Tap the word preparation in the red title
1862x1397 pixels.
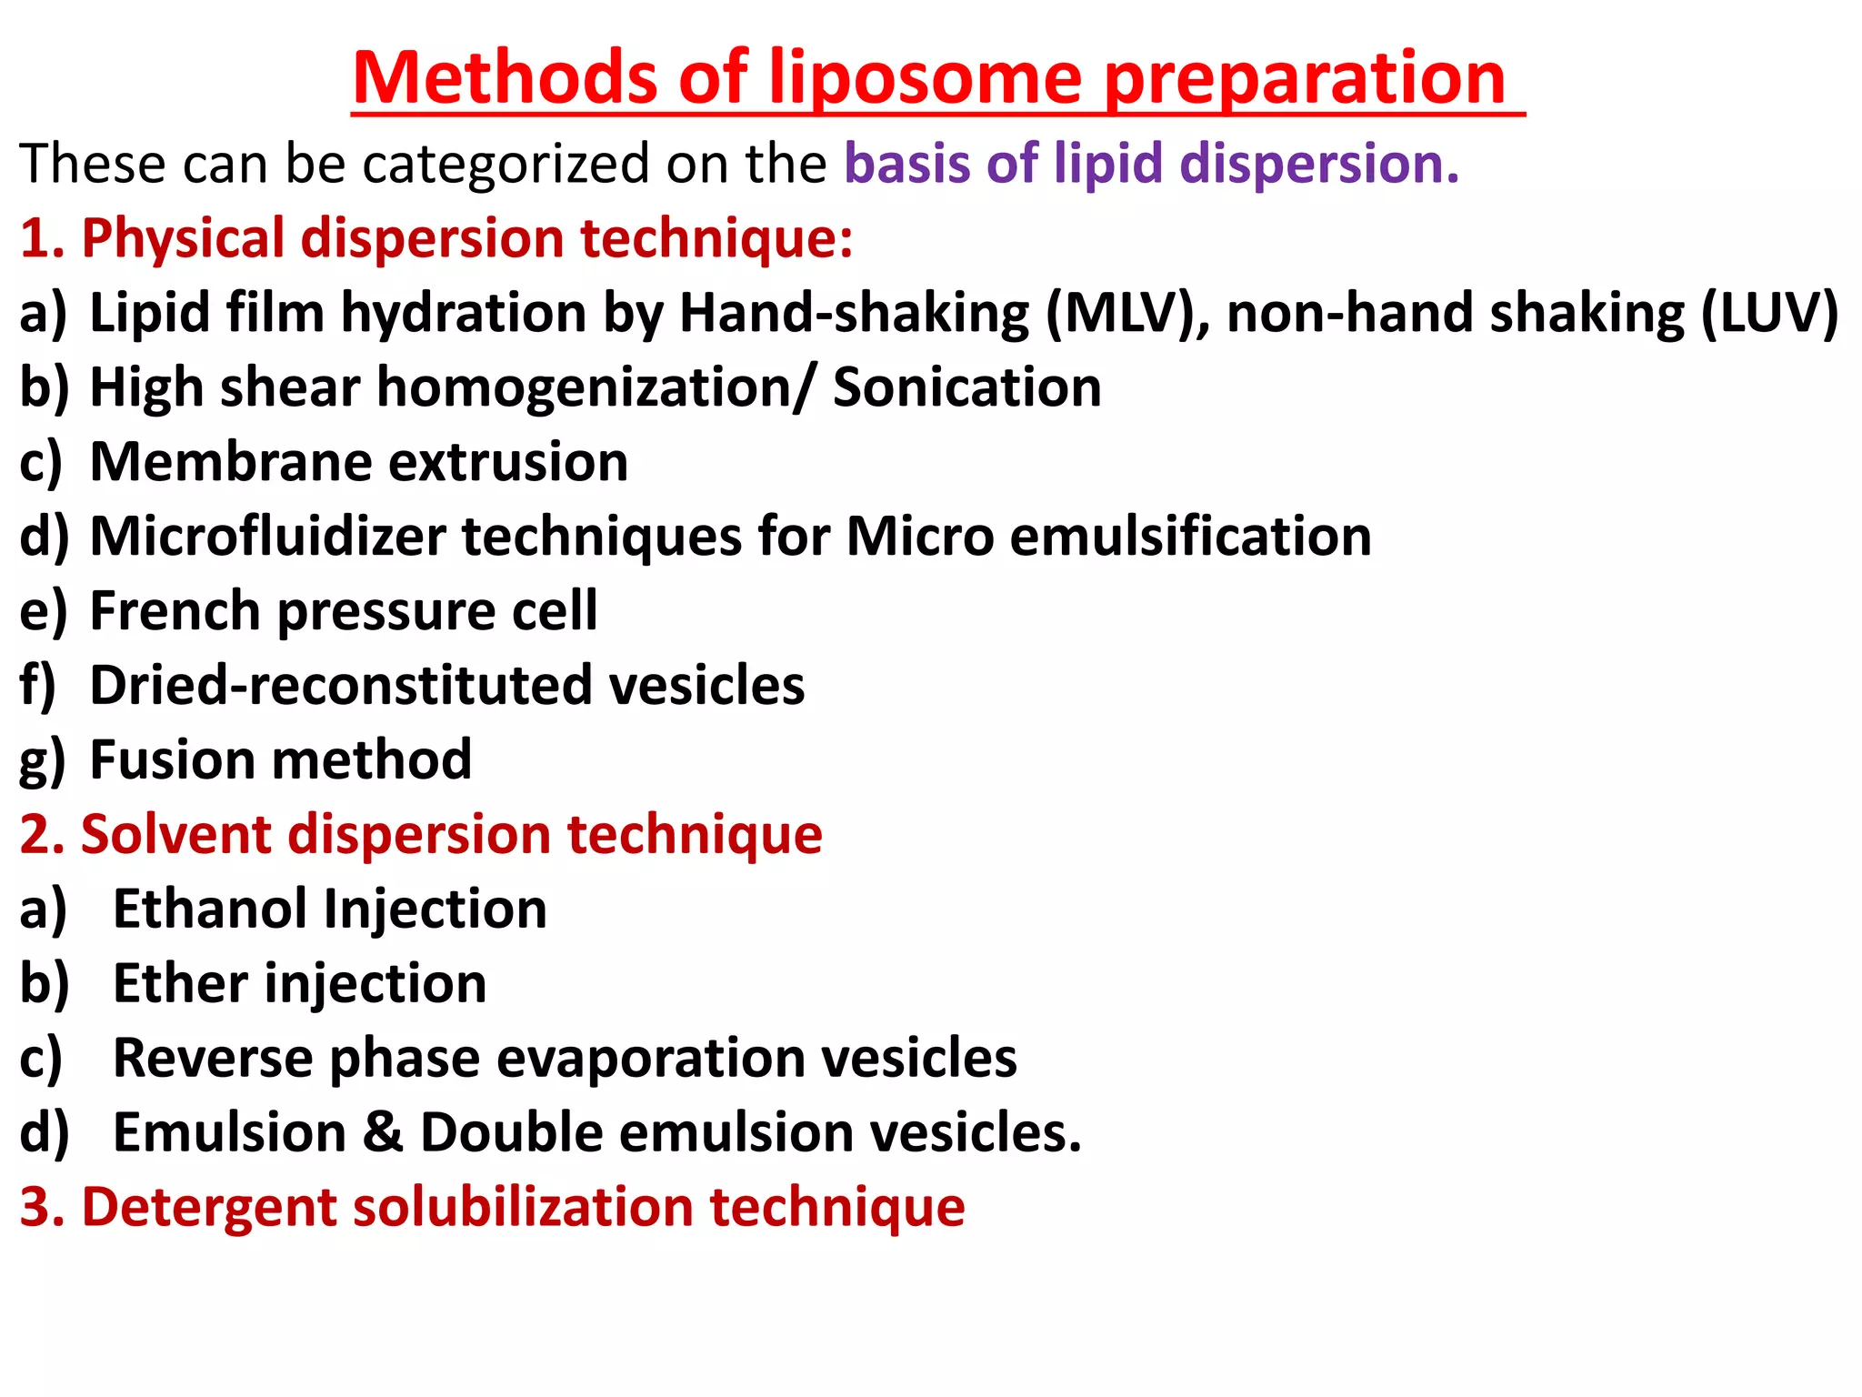(x=1306, y=80)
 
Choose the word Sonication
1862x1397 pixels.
(x=966, y=388)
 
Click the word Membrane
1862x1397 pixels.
(x=231, y=462)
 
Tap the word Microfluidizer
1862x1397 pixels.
(x=267, y=537)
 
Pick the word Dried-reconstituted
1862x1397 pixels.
(x=341, y=685)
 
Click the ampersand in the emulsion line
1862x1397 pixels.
(x=383, y=1133)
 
